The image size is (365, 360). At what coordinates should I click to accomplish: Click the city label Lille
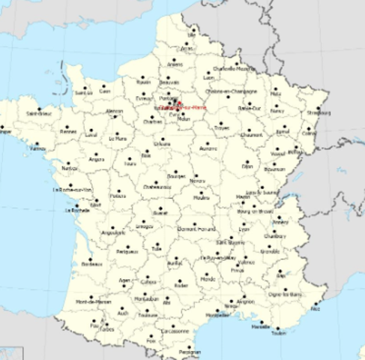pos(193,35)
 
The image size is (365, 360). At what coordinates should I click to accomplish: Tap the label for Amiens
pos(175,65)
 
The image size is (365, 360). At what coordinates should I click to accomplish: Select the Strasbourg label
pos(318,114)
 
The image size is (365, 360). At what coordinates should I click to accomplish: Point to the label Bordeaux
pos(91,264)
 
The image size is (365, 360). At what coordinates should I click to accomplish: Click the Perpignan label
pos(190,352)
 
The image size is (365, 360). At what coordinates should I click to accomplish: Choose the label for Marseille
pos(261,327)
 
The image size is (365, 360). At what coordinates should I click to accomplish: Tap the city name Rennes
pos(69,131)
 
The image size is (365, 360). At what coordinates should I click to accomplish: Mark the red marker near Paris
pos(180,106)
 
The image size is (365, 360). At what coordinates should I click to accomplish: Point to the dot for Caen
pos(104,85)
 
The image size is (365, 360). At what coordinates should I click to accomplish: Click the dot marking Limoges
pos(145,220)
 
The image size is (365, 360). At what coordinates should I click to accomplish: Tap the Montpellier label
pos(217,316)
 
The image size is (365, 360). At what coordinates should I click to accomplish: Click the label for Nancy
pos(278,110)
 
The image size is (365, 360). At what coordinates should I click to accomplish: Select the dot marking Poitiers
pos(117,190)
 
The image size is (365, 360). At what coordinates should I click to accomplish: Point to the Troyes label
pos(222,128)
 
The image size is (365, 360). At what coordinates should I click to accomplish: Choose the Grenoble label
pos(271,252)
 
